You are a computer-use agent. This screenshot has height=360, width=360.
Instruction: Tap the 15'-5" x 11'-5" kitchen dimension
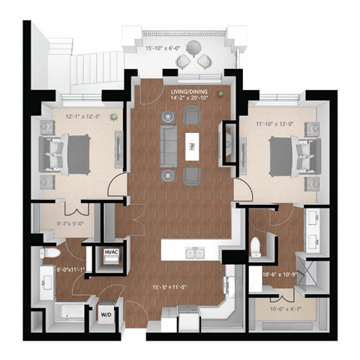tap(181, 286)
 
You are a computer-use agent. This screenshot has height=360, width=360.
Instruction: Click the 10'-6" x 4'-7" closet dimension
tap(284, 307)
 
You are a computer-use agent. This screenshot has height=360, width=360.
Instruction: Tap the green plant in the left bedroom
tap(114, 117)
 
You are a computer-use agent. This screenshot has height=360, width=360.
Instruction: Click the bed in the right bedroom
tap(287, 155)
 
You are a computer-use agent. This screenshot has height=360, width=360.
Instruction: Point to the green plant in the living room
tap(220, 94)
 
